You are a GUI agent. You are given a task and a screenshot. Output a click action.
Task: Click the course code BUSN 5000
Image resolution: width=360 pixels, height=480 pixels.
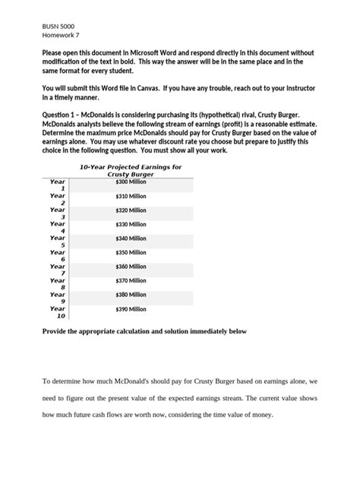coord(58,26)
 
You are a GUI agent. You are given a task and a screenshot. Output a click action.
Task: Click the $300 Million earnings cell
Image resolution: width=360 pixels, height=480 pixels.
coord(131,182)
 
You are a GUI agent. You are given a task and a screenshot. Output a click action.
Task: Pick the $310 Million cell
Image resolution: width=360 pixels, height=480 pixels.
coord(131,196)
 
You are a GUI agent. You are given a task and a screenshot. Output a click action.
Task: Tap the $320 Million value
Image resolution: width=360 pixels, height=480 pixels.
coord(131,210)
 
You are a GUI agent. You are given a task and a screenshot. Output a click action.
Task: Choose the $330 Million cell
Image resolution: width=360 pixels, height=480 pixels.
coord(131,225)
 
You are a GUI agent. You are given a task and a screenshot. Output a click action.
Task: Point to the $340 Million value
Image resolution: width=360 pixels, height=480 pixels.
coord(131,238)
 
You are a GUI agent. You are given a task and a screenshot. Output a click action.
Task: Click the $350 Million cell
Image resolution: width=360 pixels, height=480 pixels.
coord(131,253)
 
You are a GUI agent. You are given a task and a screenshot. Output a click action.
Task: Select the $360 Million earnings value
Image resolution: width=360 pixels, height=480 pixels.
coord(131,267)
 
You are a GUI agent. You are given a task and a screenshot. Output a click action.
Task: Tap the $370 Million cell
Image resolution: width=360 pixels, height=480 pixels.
coord(131,281)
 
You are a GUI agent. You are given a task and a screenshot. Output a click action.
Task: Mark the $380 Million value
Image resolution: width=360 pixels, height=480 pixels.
coord(131,295)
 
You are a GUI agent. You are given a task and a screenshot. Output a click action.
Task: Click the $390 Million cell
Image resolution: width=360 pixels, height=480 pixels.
coord(131,309)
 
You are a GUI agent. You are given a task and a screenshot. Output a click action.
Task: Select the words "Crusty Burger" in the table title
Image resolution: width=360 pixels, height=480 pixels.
coord(131,174)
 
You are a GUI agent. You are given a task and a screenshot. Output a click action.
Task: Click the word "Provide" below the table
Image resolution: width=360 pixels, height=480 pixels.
coord(55,332)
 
